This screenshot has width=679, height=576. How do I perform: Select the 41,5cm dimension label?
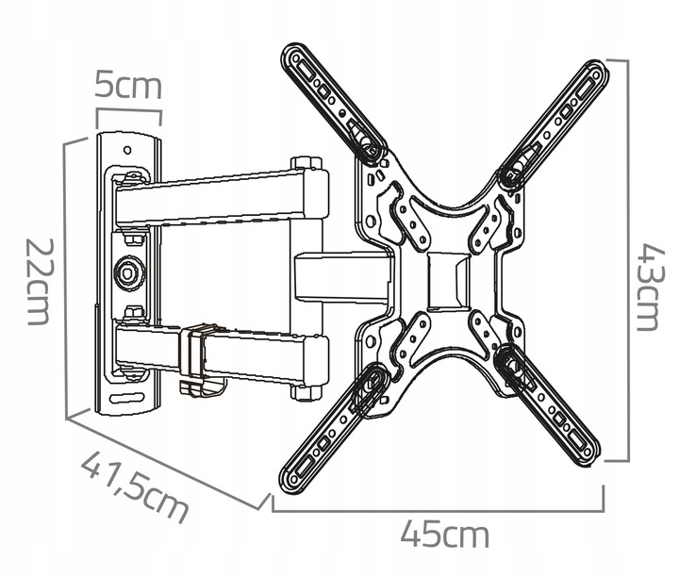pos(135,486)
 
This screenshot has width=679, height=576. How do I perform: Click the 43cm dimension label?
pos(648,288)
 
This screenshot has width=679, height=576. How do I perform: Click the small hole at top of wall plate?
pos(127,150)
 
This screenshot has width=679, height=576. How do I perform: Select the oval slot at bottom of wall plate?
pos(126,398)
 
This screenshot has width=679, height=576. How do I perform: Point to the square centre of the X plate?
pos(448,281)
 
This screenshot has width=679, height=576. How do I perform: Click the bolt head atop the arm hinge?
pos(306,163)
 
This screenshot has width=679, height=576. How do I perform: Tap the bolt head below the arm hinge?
pos(306,393)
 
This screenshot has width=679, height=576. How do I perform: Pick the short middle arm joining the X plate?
pos(343,276)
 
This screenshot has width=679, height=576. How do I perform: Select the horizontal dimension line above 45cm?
pos(438,510)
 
